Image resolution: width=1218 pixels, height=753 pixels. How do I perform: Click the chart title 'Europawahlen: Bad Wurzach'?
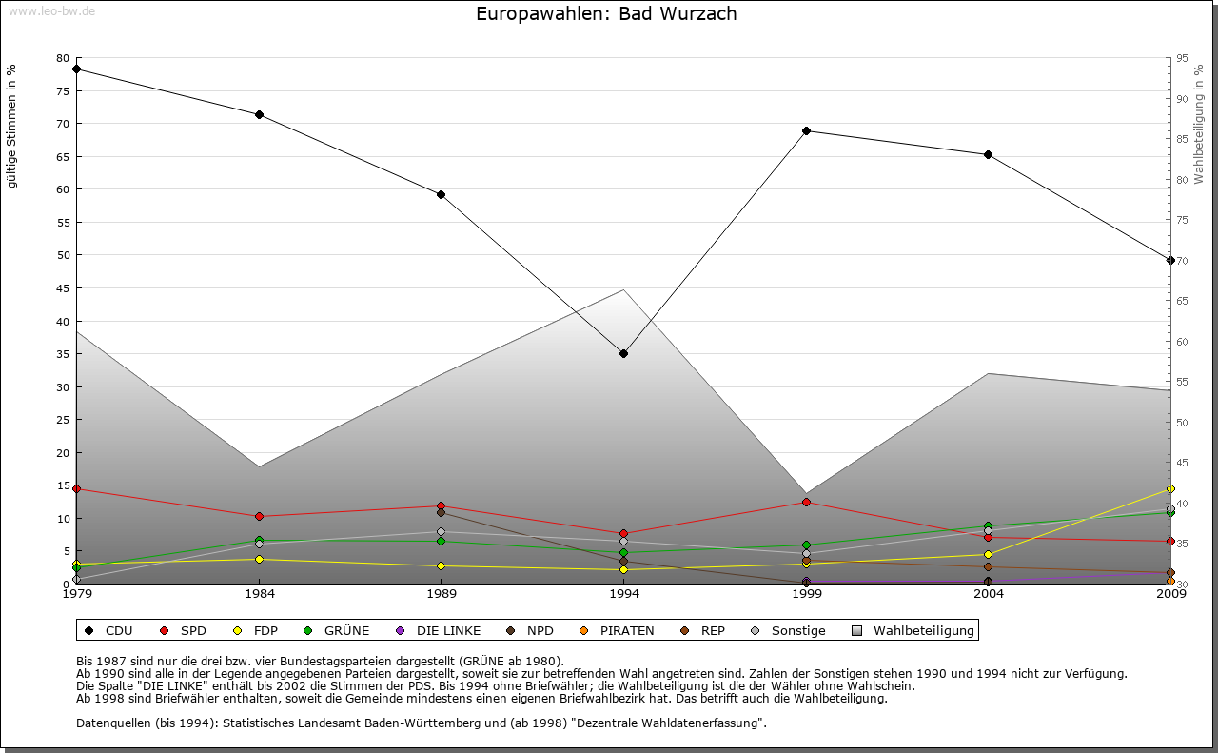606,14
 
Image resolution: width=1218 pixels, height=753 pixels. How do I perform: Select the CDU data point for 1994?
624,353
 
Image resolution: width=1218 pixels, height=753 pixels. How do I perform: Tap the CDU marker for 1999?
806,130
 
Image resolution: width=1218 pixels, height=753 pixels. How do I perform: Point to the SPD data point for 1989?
442,505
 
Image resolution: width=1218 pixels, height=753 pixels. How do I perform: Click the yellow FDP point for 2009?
1170,489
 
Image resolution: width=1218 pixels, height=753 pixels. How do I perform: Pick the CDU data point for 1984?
259,114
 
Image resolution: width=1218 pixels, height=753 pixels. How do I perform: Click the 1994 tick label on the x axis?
624,595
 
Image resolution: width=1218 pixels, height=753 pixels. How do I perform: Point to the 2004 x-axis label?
989,595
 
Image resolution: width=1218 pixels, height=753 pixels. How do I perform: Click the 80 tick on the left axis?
63,58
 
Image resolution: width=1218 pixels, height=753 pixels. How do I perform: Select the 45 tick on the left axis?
63,287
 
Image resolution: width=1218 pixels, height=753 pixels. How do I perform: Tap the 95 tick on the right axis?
1182,58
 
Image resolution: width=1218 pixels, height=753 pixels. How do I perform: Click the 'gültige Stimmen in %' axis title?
12,126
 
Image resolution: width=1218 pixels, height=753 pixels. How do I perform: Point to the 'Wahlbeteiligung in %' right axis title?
1199,124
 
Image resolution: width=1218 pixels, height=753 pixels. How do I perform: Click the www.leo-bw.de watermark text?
51,10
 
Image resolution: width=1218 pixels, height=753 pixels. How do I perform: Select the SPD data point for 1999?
806,502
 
